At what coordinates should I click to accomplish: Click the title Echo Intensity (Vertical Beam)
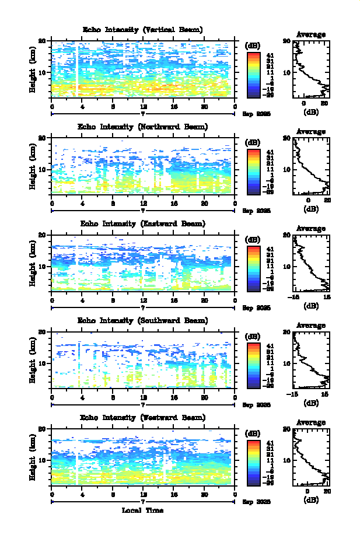(x=143, y=30)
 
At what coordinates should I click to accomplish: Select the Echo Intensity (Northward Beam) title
(x=143, y=127)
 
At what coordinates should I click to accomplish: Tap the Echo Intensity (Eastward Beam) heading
(x=143, y=223)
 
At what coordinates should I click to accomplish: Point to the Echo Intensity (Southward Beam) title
(x=143, y=320)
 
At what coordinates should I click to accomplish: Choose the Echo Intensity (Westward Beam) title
(x=143, y=417)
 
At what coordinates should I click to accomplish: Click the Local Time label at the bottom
(x=143, y=510)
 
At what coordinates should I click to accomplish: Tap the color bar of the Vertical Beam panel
(x=253, y=74)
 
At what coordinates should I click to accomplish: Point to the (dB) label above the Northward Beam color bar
(x=253, y=142)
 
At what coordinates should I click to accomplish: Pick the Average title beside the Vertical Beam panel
(x=311, y=34)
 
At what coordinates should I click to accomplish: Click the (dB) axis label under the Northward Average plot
(x=311, y=208)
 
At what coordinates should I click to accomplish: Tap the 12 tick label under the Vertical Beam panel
(x=144, y=106)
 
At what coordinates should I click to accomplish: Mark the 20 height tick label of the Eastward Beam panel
(x=43, y=235)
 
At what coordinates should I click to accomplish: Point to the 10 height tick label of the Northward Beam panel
(x=43, y=169)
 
